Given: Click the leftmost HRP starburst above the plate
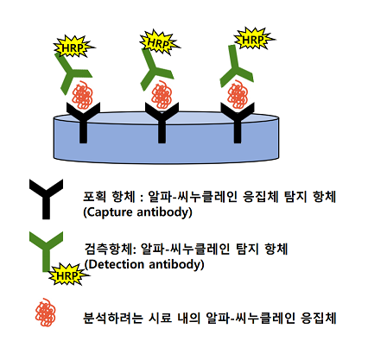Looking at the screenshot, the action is (x=73, y=47).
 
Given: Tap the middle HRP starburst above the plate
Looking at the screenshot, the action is (x=159, y=42).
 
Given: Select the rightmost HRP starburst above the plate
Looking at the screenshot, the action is (x=254, y=39).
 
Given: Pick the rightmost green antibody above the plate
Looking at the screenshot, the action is (x=235, y=67).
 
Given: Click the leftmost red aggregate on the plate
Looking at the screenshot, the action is (x=82, y=95).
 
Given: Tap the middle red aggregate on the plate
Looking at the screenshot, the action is (x=162, y=95).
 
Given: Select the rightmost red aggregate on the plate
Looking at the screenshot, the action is (x=238, y=95).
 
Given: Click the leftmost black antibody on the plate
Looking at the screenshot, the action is (x=83, y=123).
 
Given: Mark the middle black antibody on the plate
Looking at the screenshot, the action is (x=162, y=123).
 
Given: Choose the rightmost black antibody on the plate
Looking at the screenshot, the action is (x=238, y=123).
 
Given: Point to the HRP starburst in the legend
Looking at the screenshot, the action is (x=68, y=275).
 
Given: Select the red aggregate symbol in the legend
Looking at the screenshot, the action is (x=46, y=313).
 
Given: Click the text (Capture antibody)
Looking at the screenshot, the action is (x=137, y=212).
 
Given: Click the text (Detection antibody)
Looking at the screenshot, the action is (x=144, y=264).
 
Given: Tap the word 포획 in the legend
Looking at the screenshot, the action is (x=94, y=197).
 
